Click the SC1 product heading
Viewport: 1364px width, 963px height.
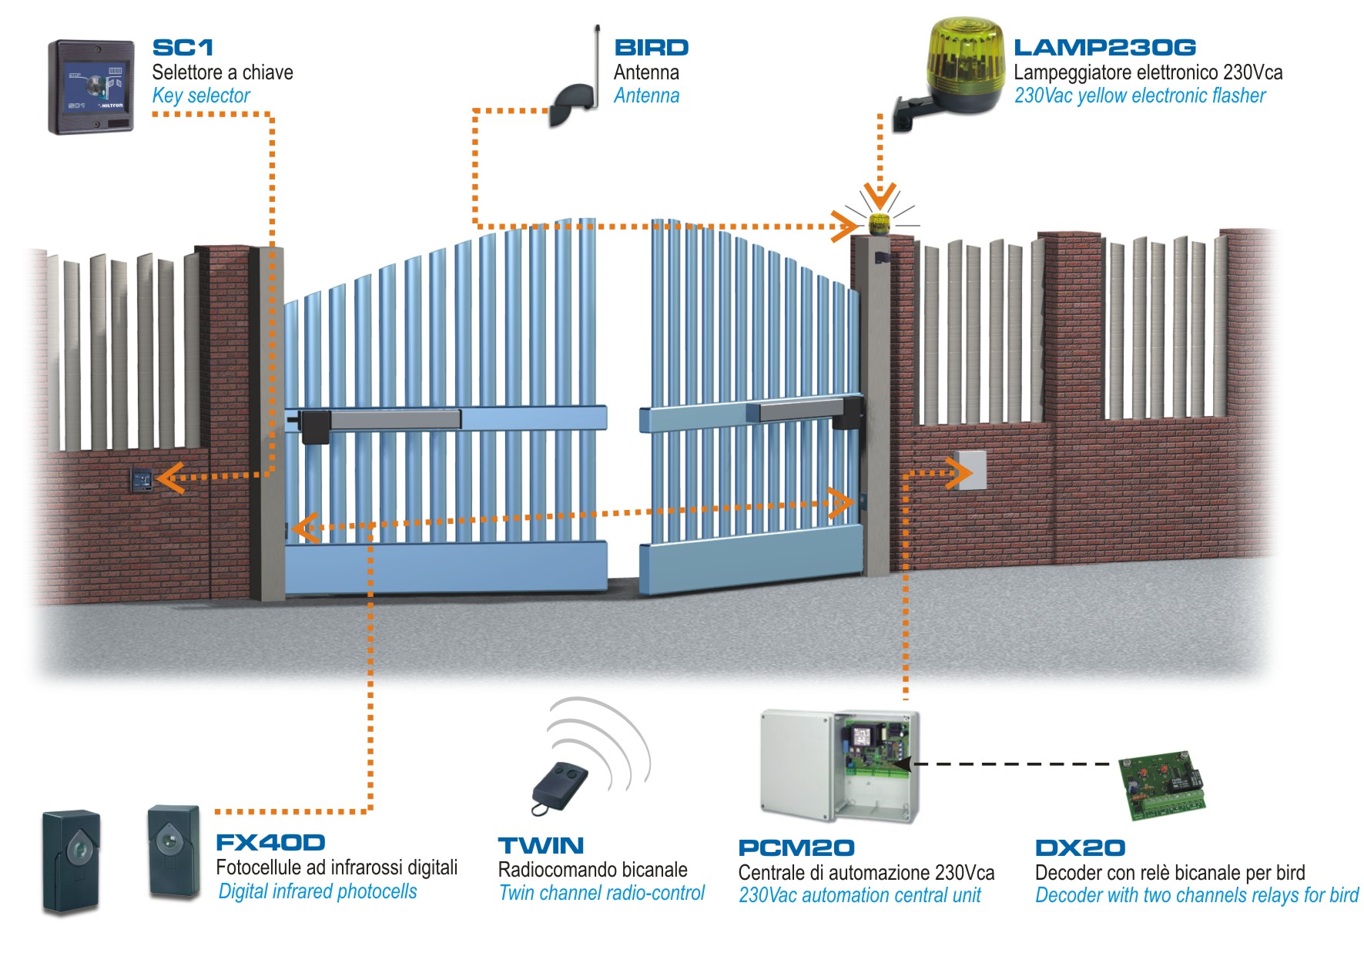click(183, 48)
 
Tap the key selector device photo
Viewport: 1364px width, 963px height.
click(91, 86)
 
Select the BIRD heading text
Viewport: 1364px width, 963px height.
click(651, 48)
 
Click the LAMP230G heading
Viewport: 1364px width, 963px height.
click(1104, 48)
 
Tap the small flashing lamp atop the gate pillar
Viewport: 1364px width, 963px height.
click(879, 224)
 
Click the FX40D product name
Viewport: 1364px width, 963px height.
click(270, 843)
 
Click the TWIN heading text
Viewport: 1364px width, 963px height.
click(541, 846)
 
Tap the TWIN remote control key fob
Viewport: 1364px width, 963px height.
click(560, 786)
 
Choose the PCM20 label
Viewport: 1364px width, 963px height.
click(796, 848)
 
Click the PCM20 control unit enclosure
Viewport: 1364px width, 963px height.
click(840, 767)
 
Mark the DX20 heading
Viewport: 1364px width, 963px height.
click(1080, 848)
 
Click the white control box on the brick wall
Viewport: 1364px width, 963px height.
click(972, 470)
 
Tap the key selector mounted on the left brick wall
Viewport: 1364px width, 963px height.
click(141, 481)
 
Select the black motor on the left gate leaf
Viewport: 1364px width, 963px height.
click(315, 426)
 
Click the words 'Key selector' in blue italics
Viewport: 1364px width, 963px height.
click(201, 96)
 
